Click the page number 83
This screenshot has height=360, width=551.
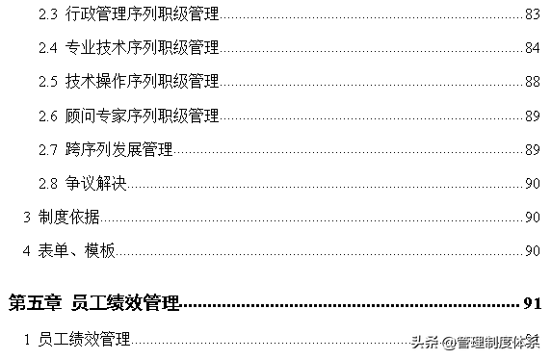(532, 13)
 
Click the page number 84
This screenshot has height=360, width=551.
(532, 47)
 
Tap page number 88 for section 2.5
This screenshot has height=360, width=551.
(532, 81)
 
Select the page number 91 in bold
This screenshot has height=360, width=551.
(533, 304)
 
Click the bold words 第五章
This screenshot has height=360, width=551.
(36, 304)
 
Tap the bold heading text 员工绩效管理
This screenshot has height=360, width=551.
(125, 304)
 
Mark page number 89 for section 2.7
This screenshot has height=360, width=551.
(532, 149)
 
